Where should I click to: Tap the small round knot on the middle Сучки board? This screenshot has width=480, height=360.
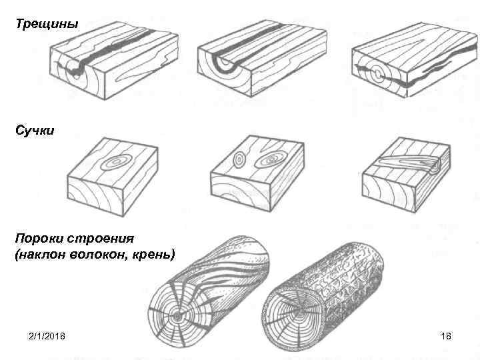coord(239,160)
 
